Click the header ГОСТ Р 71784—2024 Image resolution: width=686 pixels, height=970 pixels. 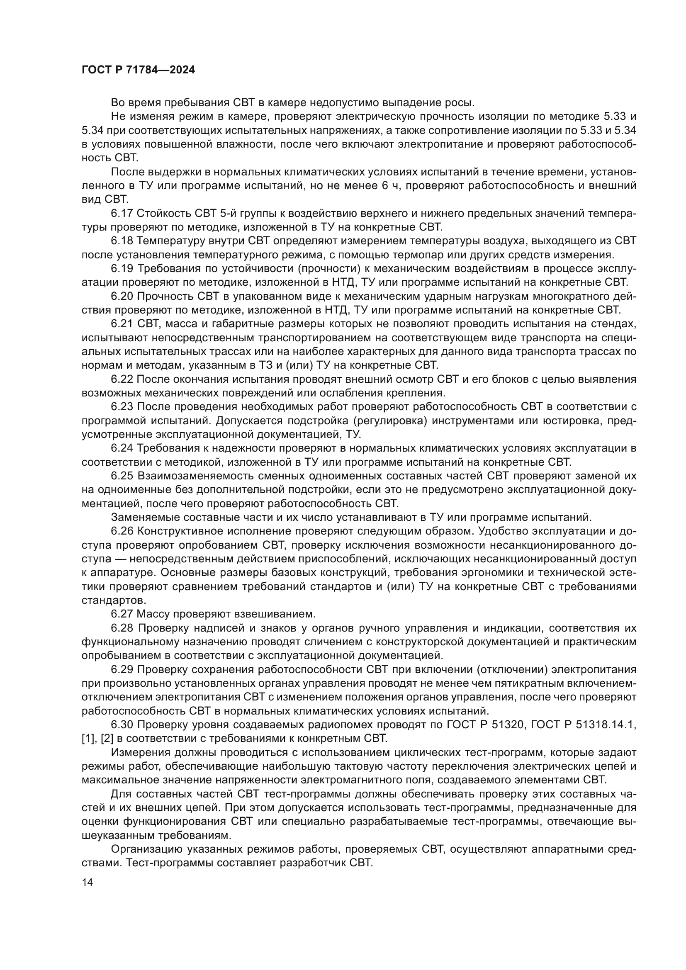138,70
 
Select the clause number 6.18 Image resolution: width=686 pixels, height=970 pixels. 122,241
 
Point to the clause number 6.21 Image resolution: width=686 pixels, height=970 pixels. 122,323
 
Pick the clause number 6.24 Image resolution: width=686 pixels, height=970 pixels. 122,448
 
